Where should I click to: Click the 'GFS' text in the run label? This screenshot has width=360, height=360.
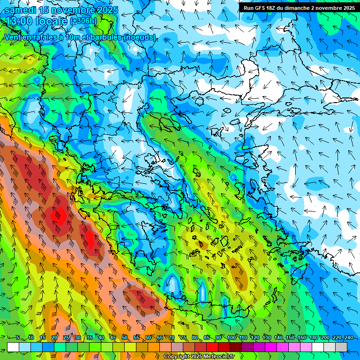pos(261,8)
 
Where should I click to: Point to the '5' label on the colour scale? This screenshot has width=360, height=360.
pos(18,337)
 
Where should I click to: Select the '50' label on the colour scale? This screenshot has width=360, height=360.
pos(125,337)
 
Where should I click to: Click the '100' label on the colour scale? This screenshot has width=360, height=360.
pos(231,337)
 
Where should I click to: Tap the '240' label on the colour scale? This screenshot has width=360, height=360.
pos(348,337)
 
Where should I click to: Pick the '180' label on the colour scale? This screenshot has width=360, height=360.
pos(313,337)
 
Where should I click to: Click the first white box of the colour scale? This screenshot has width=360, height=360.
pos(13,347)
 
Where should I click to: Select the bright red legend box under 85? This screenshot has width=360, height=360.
pos(212,347)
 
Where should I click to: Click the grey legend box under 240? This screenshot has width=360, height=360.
pos(341,347)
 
